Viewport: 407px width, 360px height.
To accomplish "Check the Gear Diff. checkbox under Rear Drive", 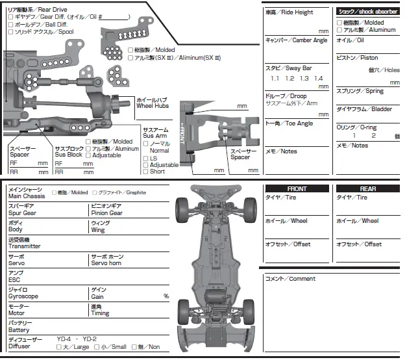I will point(11,17).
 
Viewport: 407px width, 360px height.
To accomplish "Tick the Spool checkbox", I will point(11,31).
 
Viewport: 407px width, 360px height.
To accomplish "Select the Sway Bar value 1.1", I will point(275,78).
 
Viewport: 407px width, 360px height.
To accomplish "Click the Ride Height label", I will point(289,12).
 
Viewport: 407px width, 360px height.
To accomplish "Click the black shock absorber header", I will point(367,11).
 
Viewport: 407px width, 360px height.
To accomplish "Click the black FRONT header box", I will point(297,188).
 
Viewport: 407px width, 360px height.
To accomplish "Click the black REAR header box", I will point(368,188).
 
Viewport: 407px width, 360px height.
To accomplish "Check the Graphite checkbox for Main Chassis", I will point(94,193).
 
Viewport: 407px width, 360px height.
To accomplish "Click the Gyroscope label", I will point(23,295).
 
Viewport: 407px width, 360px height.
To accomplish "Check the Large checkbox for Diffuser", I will point(58,347).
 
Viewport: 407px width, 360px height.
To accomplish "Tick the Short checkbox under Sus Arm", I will point(145,172).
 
